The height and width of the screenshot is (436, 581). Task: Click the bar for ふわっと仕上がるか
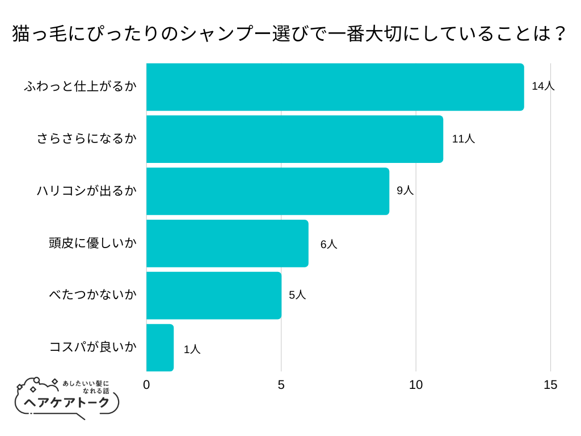coord(335,87)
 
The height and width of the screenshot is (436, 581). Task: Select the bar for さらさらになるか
coord(294,139)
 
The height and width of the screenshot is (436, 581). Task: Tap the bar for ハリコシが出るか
coord(268,191)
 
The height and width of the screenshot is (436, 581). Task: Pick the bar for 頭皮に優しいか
coord(227,244)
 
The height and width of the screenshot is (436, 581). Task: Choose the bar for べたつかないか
coord(214,296)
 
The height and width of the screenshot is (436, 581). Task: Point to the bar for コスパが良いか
coord(160,347)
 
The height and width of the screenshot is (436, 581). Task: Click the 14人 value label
coord(543,86)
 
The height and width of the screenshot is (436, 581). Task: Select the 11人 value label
coord(464,139)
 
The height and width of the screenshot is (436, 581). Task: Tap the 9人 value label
coord(405,191)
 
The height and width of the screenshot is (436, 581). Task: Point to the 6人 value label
coord(329,245)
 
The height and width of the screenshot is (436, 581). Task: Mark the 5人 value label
coord(297,295)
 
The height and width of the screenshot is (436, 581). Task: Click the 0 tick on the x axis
coord(146,385)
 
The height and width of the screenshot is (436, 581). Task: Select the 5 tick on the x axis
coord(281,385)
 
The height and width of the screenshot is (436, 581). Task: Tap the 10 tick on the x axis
coord(416,385)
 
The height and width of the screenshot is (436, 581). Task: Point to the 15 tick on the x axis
coord(550,385)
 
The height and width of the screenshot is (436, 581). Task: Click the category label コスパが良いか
coord(93,347)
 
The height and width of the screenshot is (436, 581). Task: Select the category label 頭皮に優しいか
coord(93,244)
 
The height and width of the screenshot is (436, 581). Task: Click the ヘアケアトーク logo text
coord(67,403)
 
